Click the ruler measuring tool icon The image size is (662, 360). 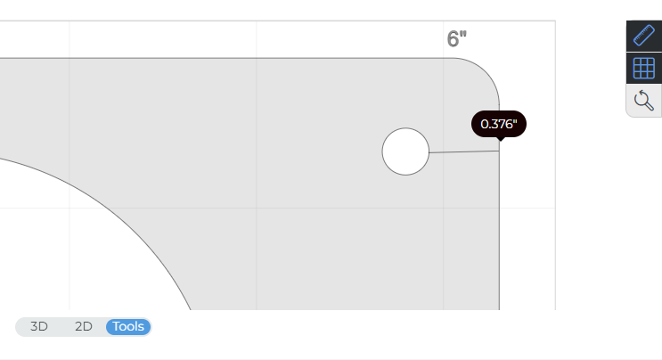pyautogui.click(x=643, y=36)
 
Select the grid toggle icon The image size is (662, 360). pyautogui.click(x=643, y=68)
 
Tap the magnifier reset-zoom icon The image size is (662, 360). pyautogui.click(x=643, y=100)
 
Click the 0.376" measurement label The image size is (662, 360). pyautogui.click(x=498, y=124)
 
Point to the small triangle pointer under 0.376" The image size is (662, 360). pyautogui.click(x=499, y=138)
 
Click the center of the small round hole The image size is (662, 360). pyautogui.click(x=405, y=151)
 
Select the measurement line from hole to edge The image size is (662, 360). pyautogui.click(x=463, y=151)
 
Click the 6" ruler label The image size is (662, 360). pyautogui.click(x=457, y=39)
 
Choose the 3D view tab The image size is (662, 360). pyautogui.click(x=39, y=326)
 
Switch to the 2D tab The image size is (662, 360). pyautogui.click(x=84, y=326)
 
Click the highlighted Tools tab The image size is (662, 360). pyautogui.click(x=128, y=326)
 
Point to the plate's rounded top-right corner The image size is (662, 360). pyautogui.click(x=486, y=70)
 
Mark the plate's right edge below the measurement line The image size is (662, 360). pyautogui.click(x=499, y=232)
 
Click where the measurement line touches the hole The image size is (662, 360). pyautogui.click(x=429, y=152)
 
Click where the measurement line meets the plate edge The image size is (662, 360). pyautogui.click(x=499, y=151)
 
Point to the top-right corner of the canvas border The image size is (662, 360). pyautogui.click(x=555, y=20)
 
